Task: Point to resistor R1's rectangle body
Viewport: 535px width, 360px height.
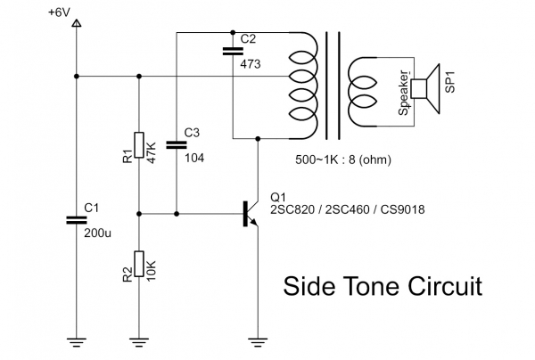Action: (139, 145)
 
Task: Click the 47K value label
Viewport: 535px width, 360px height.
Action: (152, 151)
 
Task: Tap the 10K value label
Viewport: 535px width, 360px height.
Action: (152, 266)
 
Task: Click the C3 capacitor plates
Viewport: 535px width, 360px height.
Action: (177, 144)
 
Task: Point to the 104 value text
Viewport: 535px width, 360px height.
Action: (193, 156)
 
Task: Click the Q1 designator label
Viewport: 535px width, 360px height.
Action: (277, 197)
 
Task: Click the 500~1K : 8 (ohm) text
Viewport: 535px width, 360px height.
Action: (343, 160)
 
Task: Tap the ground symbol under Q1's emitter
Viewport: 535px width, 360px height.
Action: (258, 339)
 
